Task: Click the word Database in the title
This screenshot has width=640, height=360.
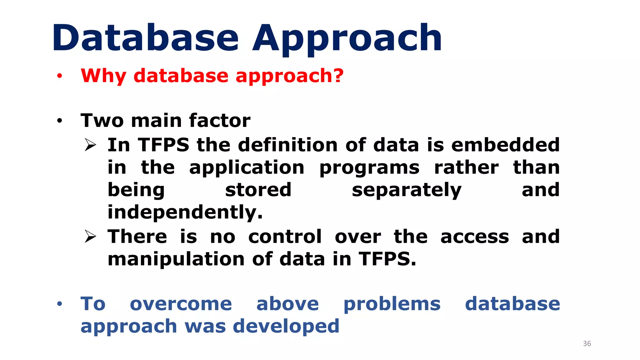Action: tap(145, 38)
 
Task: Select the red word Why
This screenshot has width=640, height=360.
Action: tap(103, 76)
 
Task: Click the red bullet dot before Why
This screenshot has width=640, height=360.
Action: tap(59, 76)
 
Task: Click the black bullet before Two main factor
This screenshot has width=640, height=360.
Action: tap(59, 121)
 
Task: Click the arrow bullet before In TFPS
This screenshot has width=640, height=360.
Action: tap(90, 145)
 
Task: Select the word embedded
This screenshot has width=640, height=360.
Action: tap(505, 145)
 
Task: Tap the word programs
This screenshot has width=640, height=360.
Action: tap(369, 168)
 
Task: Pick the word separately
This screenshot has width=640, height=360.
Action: tap(406, 190)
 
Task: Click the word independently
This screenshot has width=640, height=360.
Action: tap(185, 212)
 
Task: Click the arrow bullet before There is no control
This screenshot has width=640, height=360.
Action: tap(90, 237)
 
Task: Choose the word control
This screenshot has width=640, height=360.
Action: tap(285, 237)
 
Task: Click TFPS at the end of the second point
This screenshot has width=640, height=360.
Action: tap(387, 259)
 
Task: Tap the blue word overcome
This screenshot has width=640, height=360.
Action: tap(181, 304)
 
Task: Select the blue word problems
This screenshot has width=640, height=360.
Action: tap(392, 304)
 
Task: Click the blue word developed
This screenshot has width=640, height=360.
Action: tap(286, 326)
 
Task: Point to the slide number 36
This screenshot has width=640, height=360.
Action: tap(587, 344)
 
